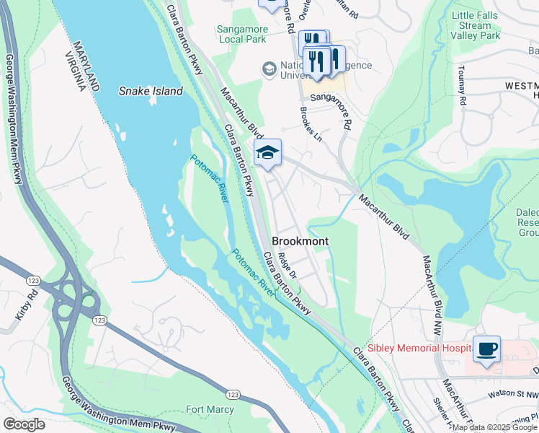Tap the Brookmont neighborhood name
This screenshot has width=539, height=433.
click(300, 242)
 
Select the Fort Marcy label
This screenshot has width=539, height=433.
click(210, 409)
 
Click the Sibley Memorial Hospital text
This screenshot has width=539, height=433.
click(418, 348)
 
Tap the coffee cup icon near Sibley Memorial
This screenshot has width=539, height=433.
click(486, 349)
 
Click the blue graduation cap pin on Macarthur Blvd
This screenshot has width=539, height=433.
click(267, 152)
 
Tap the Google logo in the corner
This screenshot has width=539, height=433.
click(24, 424)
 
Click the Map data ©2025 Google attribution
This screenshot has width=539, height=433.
click(494, 428)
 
